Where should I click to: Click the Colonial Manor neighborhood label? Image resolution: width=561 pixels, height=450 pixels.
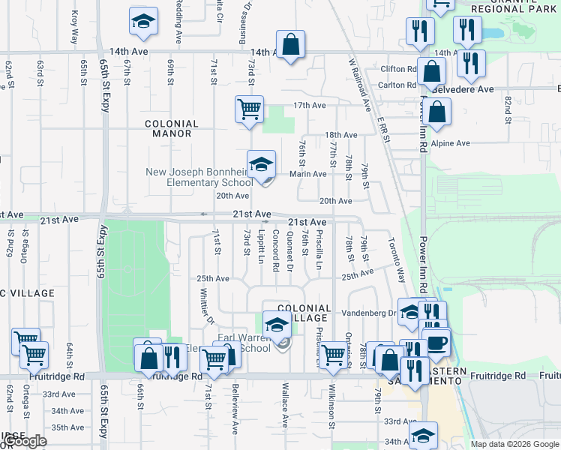coord(172,128)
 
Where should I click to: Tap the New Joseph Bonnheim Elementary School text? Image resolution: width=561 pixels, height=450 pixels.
coord(199,177)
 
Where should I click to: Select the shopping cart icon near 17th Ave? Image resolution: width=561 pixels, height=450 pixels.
coord(249,109)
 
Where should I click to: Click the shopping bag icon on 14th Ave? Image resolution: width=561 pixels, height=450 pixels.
coord(290,44)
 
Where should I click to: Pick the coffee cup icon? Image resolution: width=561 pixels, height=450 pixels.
coord(437,342)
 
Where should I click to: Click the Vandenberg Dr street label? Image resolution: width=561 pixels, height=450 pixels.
coord(370,312)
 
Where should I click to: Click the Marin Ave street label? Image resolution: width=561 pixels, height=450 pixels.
coord(308,174)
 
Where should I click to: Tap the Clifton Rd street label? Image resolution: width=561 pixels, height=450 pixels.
coord(397,69)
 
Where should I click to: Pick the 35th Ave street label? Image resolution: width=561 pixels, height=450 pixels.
coord(67,427)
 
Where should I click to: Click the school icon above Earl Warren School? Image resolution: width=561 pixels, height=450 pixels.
coord(277,325)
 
